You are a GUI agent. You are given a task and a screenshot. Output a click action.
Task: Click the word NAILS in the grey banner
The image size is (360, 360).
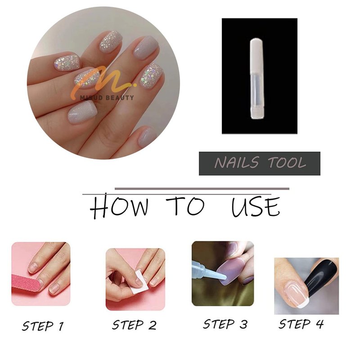pyautogui.click(x=237, y=162)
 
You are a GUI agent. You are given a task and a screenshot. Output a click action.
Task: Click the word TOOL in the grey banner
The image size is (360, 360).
pyautogui.click(x=287, y=162)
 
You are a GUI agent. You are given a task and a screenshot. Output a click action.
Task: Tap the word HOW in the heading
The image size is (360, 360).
pyautogui.click(x=119, y=206)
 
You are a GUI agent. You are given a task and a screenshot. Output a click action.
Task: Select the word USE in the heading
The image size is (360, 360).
pyautogui.click(x=256, y=207)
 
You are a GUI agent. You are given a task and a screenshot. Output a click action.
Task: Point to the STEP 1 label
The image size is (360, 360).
pyautogui.click(x=43, y=326)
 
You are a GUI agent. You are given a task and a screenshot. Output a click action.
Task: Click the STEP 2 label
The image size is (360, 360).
pyautogui.click(x=134, y=325)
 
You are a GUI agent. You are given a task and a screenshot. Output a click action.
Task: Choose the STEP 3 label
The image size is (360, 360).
pyautogui.click(x=225, y=324)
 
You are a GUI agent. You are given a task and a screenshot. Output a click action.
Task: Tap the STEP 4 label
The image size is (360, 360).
pyautogui.click(x=301, y=324)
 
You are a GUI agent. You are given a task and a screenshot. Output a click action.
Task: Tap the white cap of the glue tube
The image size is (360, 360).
pyautogui.click(x=256, y=58)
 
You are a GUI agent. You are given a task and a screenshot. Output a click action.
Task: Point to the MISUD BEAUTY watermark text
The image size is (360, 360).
pyautogui.click(x=107, y=98)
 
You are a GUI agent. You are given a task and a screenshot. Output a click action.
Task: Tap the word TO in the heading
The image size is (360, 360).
pyautogui.click(x=185, y=206)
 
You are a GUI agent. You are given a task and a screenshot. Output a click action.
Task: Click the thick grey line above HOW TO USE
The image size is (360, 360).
pyautogui.click(x=202, y=189)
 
